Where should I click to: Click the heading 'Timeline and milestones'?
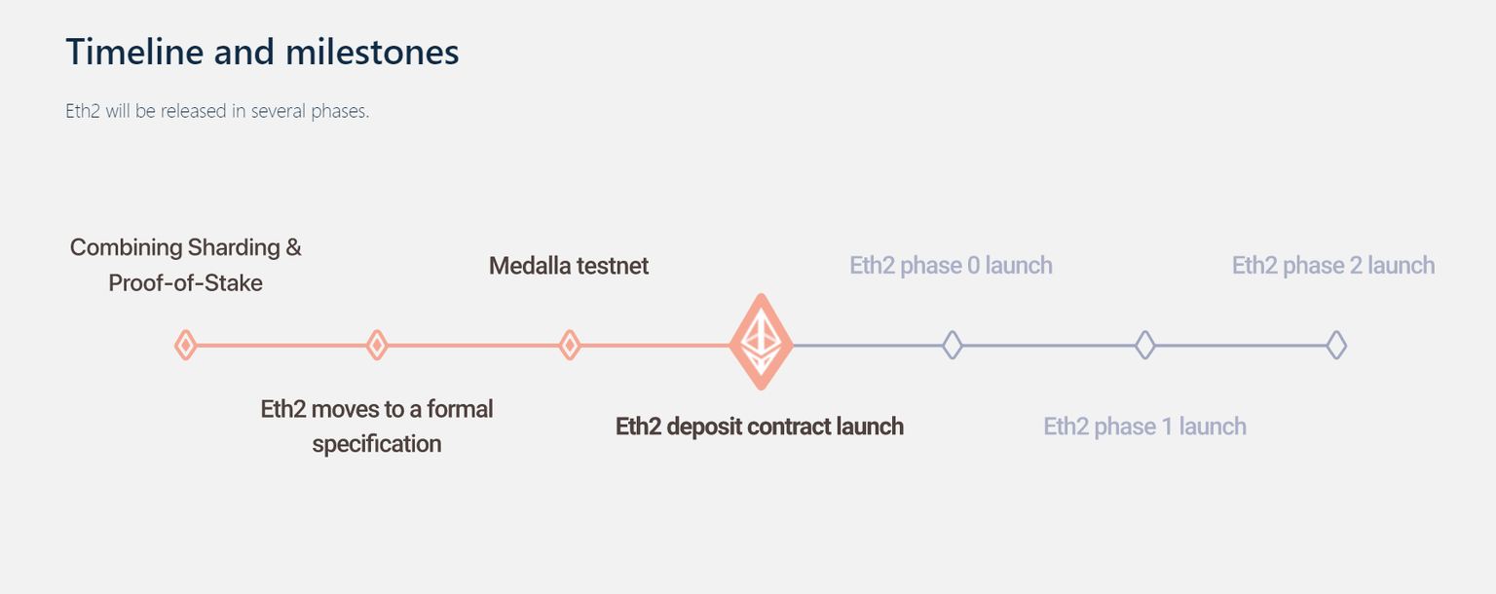262,52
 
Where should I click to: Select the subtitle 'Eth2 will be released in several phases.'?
217,111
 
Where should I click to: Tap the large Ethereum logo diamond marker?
762,343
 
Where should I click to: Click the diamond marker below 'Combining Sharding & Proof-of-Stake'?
185,345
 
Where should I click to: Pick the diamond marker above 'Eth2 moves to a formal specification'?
377,345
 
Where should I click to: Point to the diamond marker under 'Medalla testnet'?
570,345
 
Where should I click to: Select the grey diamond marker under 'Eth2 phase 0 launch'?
953,345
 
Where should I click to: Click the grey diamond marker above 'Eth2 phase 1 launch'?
1145,345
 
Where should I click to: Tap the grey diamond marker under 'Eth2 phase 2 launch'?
1337,345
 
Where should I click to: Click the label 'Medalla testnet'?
569,266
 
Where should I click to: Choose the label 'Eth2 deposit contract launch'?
760,427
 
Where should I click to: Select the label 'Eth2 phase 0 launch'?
951,266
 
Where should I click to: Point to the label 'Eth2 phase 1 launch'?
1144,427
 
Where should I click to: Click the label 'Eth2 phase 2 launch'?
1333,266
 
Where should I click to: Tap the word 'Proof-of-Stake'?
185,284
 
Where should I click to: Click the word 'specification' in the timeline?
377,445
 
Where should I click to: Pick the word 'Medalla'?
531,266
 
